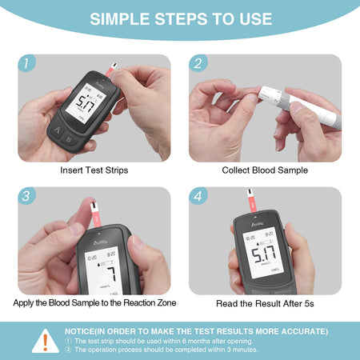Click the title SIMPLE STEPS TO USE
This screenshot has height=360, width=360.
(180, 19)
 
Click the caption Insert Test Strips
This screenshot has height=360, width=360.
(94, 170)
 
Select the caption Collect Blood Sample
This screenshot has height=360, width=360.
(265, 170)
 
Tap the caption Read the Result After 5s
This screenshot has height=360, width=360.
(265, 304)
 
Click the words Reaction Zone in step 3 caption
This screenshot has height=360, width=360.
(147, 302)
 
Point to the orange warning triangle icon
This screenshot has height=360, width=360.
(45, 340)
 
